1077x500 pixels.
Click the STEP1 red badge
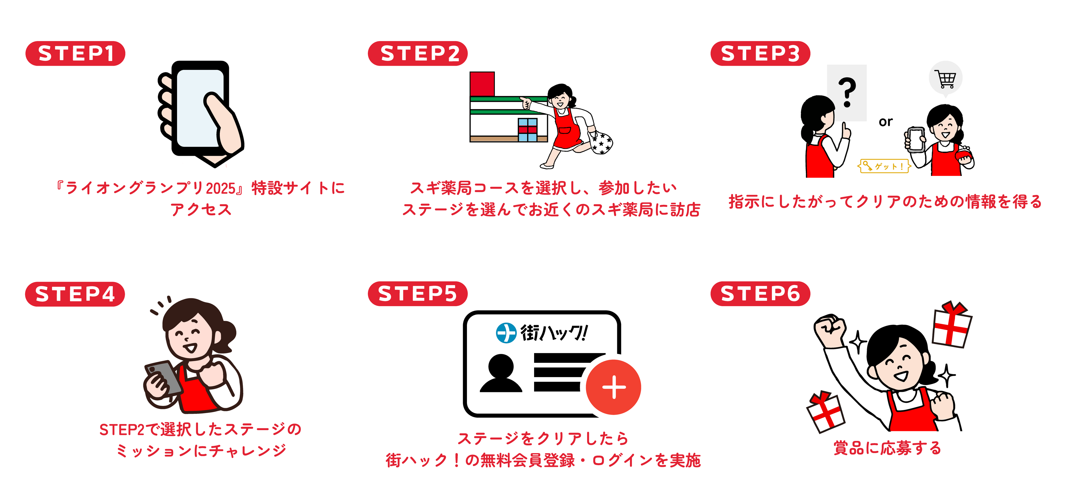tap(75, 54)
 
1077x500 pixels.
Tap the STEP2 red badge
tap(418, 54)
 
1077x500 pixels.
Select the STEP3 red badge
tap(760, 54)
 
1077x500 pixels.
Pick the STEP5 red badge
tap(418, 293)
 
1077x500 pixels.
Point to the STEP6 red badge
tap(760, 293)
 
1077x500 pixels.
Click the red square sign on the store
tap(482, 84)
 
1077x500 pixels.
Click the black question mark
tap(847, 92)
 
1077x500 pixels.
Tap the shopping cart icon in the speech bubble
tap(946, 79)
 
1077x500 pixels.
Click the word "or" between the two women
tap(886, 122)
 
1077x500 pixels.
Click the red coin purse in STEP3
tap(964, 155)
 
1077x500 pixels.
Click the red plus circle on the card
tap(613, 387)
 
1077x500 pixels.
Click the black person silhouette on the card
tap(501, 373)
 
